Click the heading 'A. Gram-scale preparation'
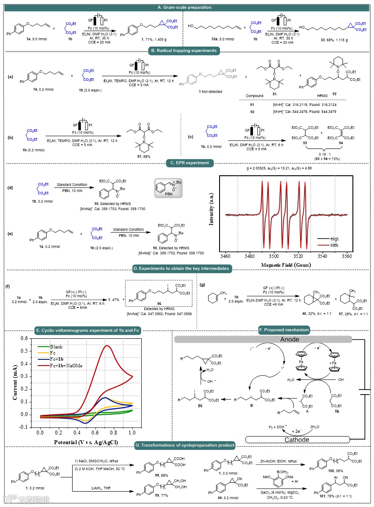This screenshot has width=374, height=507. pos(187,7)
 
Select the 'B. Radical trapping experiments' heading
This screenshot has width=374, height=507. pos(187,51)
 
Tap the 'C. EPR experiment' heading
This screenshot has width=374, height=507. pos(187,163)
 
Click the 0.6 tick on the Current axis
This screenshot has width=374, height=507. pos(26,339)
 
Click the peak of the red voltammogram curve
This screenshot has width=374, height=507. pos(106,346)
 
